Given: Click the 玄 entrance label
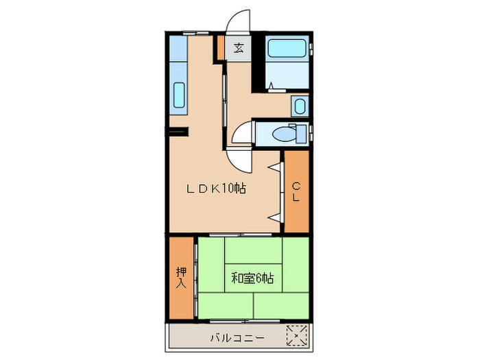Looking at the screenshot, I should [239, 48].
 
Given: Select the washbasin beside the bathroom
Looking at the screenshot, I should [299, 106].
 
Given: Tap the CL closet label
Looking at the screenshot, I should [297, 191].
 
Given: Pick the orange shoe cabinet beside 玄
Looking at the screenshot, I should [220, 48].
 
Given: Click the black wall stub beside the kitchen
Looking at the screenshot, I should [176, 131].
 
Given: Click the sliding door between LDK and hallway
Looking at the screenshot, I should [225, 103].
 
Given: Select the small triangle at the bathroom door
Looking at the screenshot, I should [273, 86].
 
